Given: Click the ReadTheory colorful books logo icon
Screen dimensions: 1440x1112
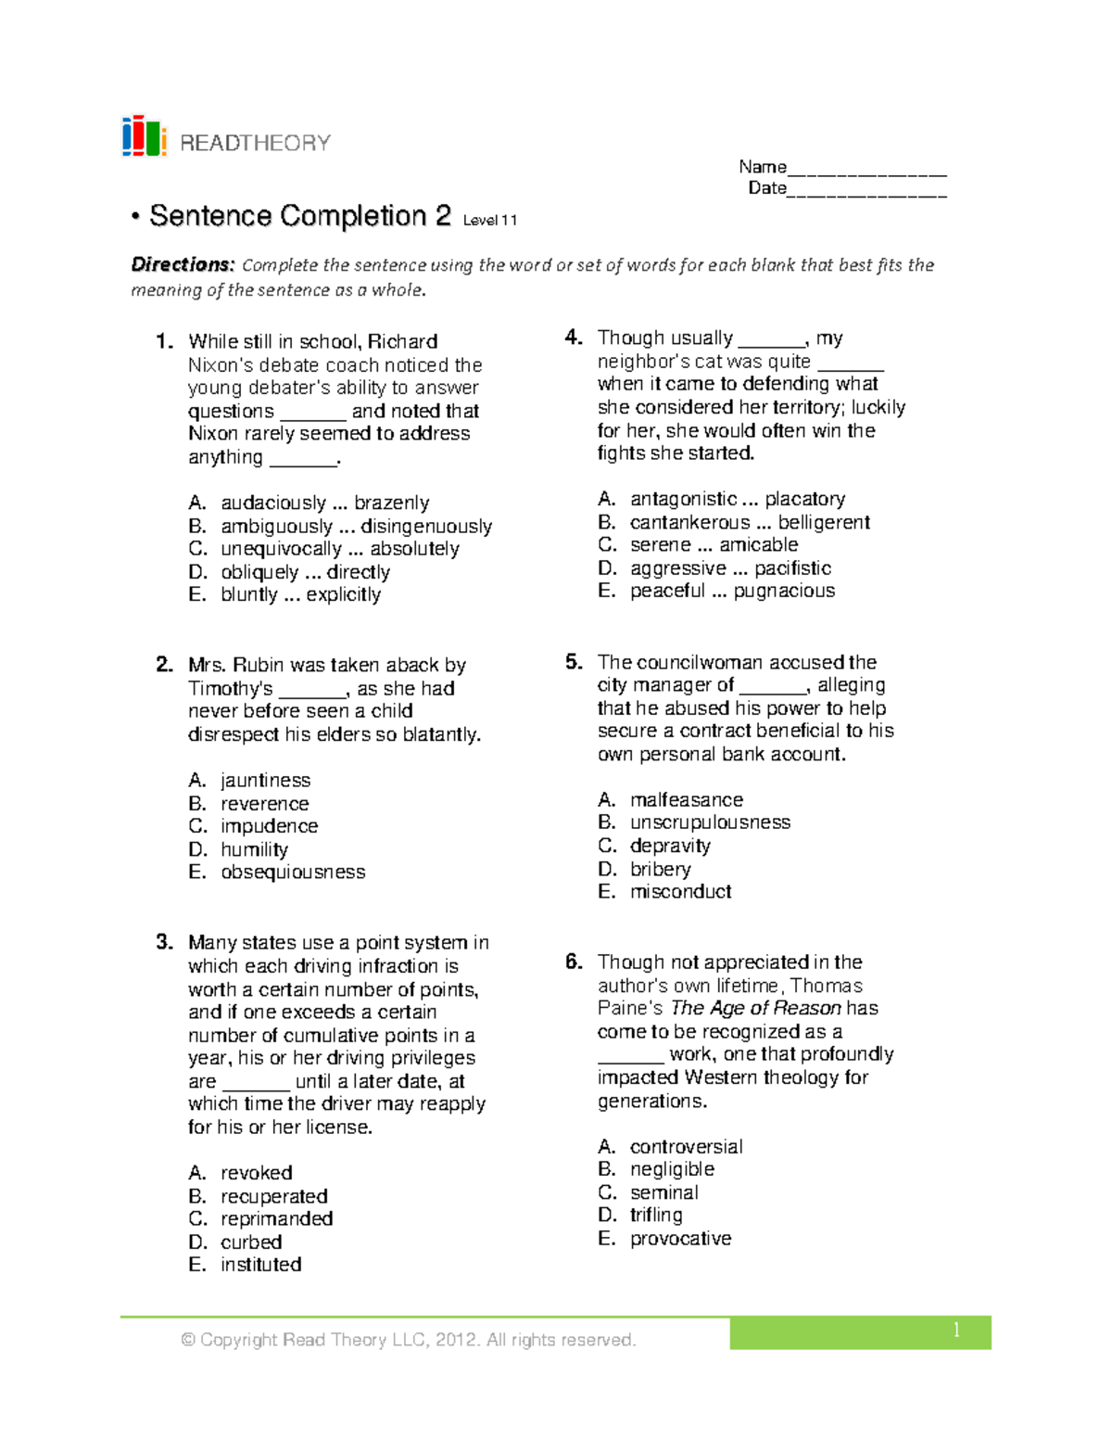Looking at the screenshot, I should [x=144, y=137].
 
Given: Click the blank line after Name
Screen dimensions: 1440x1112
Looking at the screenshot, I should [x=866, y=169].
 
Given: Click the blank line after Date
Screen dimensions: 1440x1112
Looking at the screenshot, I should [x=866, y=190].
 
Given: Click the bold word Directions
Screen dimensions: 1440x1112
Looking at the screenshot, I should [x=183, y=265].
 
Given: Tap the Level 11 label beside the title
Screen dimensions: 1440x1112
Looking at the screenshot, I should [x=490, y=221].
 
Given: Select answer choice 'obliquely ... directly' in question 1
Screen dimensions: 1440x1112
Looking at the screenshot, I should [x=305, y=572].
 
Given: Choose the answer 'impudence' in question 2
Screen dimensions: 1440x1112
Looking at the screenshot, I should [x=269, y=826].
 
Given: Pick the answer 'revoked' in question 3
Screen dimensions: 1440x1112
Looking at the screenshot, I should [x=256, y=1173].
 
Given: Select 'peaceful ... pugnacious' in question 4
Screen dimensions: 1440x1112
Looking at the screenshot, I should [x=732, y=591].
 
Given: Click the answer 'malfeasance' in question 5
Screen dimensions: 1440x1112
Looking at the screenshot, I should [x=686, y=799].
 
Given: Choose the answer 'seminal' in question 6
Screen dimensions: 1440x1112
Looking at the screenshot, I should [x=663, y=1192].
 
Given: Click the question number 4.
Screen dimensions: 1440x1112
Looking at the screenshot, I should [x=574, y=338].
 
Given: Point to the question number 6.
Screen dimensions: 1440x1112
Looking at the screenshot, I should [x=574, y=962].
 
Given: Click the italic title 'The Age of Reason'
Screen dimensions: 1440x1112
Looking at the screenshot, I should [x=755, y=1008].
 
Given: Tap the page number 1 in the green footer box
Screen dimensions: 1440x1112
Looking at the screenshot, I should [x=955, y=1331].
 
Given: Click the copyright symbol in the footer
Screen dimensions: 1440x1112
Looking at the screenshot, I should [x=188, y=1340].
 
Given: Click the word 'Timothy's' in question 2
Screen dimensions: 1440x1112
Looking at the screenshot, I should [x=230, y=689].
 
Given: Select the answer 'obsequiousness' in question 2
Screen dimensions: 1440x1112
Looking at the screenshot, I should [x=293, y=873].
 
